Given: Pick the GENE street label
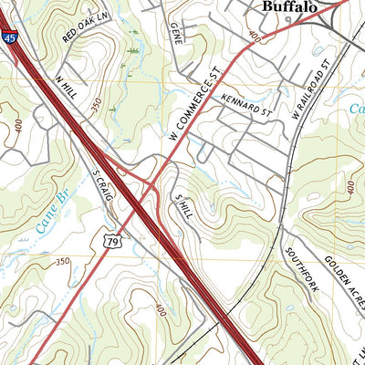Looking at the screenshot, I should [x=177, y=32].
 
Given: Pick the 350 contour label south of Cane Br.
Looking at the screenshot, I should [x=62, y=262].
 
